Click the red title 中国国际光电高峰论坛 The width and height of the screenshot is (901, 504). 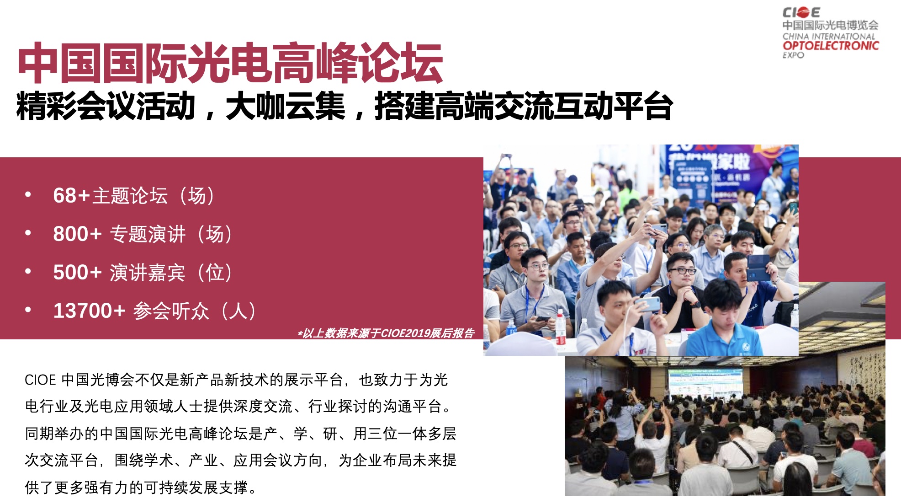[230, 63]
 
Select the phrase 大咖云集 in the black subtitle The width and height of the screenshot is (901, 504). [286, 106]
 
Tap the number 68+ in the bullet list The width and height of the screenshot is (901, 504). [72, 195]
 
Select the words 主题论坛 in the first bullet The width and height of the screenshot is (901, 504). [130, 196]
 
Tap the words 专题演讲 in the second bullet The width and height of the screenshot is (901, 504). [148, 234]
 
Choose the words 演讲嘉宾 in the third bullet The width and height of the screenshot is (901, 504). [148, 273]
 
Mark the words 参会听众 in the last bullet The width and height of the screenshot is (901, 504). [171, 311]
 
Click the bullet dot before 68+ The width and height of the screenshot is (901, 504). [28, 194]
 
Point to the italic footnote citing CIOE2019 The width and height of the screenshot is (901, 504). [386, 333]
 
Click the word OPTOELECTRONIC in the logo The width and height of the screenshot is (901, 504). [831, 46]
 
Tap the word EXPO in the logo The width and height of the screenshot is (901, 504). [793, 55]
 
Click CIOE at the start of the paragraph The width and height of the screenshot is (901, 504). [40, 380]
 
